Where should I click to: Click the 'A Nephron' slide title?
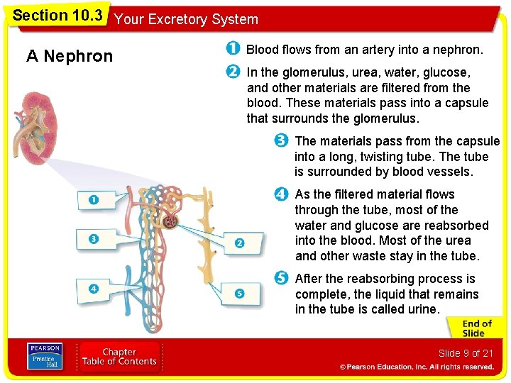click(x=70, y=56)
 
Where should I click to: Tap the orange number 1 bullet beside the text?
click(x=232, y=50)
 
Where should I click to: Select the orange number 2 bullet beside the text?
click(x=232, y=72)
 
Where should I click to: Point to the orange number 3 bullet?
click(x=282, y=140)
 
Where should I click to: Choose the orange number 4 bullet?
click(x=282, y=194)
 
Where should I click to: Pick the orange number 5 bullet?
click(x=282, y=278)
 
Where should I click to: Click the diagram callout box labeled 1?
click(x=93, y=201)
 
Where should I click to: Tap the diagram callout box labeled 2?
click(x=239, y=243)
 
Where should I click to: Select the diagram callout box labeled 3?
click(x=93, y=239)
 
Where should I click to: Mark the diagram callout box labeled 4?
click(x=93, y=289)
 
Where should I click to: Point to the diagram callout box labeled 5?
click(x=239, y=293)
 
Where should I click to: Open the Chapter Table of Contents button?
click(x=119, y=357)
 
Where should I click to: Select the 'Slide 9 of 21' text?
click(x=465, y=353)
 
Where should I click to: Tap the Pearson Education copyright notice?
click(x=416, y=367)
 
